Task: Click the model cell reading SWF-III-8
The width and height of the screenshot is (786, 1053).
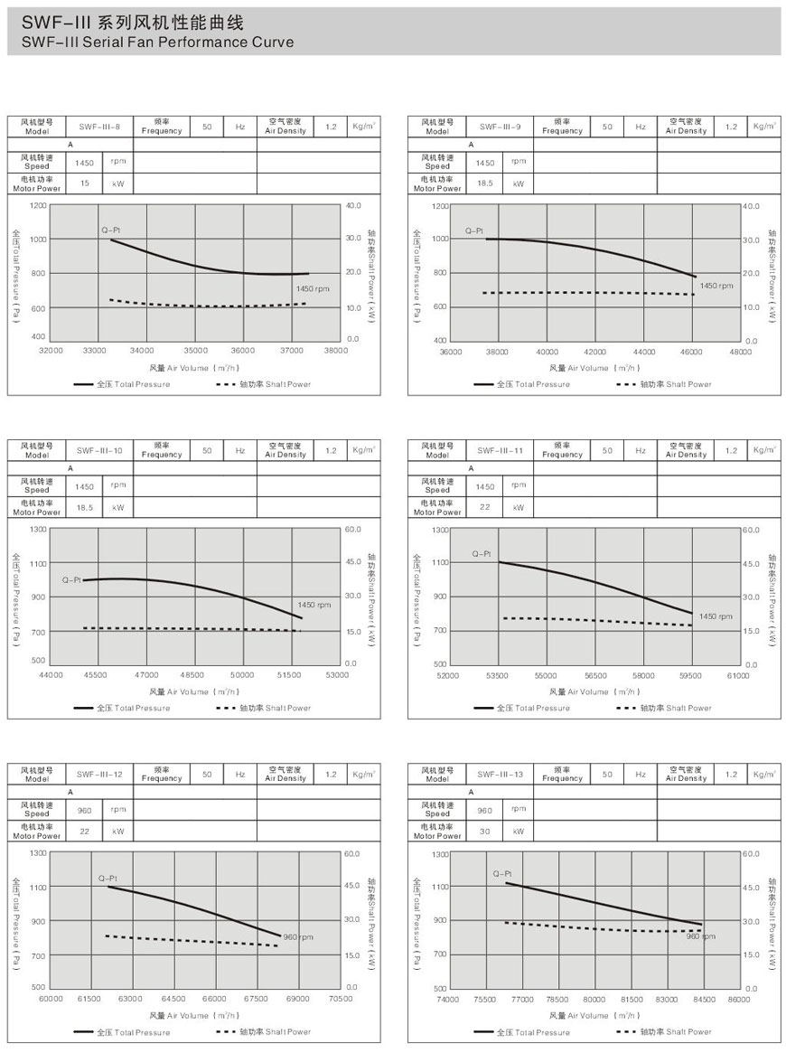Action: tap(99, 127)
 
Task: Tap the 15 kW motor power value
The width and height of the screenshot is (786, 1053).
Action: tap(85, 183)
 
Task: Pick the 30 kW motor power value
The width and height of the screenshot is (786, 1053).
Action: tap(485, 831)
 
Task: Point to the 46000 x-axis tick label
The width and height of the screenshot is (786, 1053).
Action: tap(692, 351)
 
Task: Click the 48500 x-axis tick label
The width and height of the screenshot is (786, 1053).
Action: tap(192, 674)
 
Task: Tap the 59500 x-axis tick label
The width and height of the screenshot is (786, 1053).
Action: tap(692, 674)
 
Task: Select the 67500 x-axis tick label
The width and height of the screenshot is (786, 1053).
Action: tap(256, 998)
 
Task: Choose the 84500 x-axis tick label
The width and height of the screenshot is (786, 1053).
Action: tap(703, 999)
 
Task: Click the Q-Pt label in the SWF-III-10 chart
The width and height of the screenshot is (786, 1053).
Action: tap(72, 579)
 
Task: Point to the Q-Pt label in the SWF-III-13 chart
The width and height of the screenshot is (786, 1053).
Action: tap(502, 874)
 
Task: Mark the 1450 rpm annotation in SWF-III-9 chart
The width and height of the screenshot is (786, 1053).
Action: tap(716, 286)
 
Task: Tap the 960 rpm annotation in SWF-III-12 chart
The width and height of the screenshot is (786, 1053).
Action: tap(297, 937)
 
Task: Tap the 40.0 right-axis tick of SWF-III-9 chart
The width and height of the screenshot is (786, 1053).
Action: tap(751, 207)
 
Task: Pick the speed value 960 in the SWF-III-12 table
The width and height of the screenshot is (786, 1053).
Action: tap(85, 811)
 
